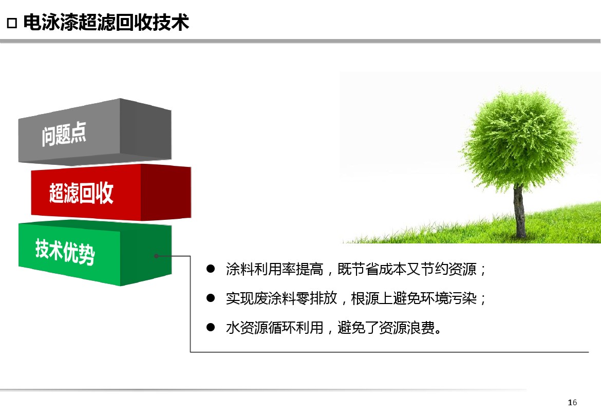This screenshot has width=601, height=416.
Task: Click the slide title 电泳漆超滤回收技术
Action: click(106, 22)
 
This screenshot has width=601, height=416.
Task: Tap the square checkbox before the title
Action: click(12, 23)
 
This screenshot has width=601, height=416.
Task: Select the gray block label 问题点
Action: click(64, 134)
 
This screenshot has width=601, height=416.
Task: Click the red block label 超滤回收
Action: click(81, 192)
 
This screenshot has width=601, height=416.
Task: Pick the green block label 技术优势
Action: click(65, 251)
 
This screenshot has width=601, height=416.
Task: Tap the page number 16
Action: click(572, 402)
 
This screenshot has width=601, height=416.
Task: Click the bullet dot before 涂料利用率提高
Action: click(211, 269)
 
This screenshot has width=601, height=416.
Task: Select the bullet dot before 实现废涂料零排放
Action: click(211, 298)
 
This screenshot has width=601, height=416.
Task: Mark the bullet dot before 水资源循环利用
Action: click(211, 327)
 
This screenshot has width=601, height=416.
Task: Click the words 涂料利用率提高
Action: click(274, 269)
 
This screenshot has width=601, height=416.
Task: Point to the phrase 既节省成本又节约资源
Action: click(407, 269)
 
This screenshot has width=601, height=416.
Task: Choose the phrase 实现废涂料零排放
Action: click(281, 298)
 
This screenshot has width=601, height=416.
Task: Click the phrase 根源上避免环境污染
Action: click(414, 298)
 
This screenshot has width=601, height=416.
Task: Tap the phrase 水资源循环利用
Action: click(274, 328)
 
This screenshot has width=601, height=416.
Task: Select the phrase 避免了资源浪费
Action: click(386, 328)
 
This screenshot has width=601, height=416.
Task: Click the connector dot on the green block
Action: click(156, 256)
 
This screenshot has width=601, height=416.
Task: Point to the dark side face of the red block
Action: click(166, 192)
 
